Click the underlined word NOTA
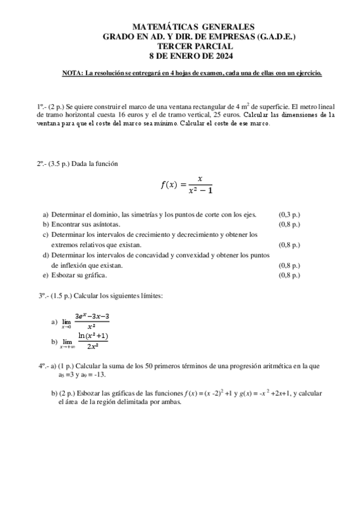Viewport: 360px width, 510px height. (x=72, y=73)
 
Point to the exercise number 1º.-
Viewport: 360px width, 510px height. (x=41, y=105)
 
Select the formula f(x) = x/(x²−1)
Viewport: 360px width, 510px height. (x=187, y=185)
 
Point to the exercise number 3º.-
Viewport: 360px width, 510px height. (x=44, y=295)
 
